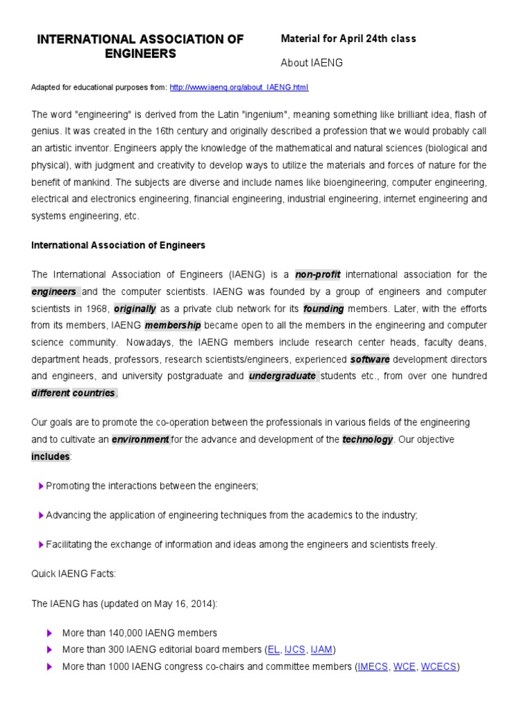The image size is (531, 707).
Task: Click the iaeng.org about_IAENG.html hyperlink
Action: pos(239,88)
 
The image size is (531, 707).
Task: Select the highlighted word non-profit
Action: pos(318,274)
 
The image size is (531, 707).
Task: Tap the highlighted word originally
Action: pos(135,308)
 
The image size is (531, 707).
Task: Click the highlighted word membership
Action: pos(174,325)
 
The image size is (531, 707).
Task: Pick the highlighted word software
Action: pos(370,359)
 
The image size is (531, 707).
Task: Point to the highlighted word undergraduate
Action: pos(282,376)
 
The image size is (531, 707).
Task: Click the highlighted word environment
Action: pos(140,439)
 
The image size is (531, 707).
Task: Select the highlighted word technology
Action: pos(368,439)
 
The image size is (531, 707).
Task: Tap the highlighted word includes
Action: pos(50,456)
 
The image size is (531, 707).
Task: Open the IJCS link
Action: pos(295,650)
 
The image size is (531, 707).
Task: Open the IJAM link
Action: pos(321,650)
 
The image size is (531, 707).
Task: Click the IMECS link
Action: pos(373,667)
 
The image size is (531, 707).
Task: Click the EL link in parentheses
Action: pos(273,650)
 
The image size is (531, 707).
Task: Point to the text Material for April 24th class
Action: pos(348,39)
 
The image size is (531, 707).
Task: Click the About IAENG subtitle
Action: pos(311,63)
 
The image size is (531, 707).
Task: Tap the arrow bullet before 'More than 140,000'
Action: pos(49,632)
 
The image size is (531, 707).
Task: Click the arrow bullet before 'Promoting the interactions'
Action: pos(41,486)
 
